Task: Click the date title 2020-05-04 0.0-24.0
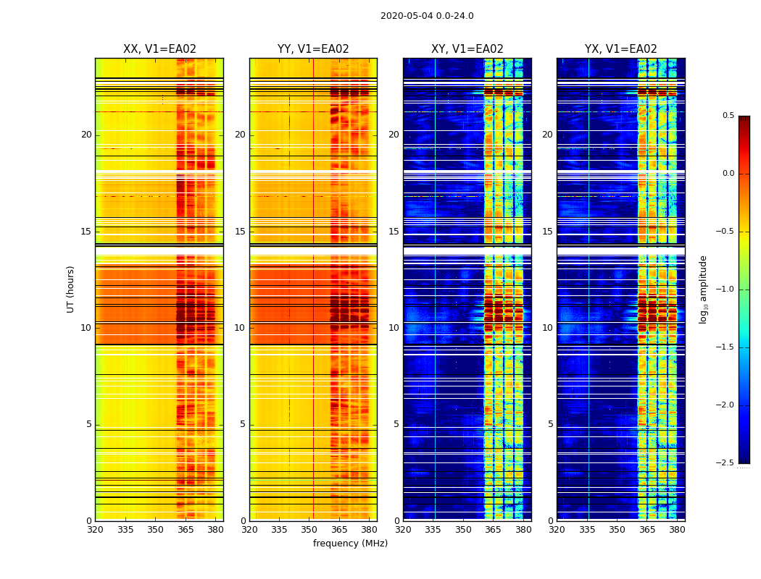[x=427, y=16]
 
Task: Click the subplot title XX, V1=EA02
[x=159, y=49]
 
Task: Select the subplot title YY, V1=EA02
[x=313, y=49]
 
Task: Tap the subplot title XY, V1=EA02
[x=467, y=49]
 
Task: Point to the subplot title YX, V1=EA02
[x=621, y=49]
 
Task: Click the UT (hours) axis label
[x=70, y=289]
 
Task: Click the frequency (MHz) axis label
[x=350, y=544]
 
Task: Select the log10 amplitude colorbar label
[x=703, y=289]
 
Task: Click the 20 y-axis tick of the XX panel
[x=86, y=135]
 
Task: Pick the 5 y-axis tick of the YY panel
[x=243, y=424]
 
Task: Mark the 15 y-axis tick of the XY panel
[x=394, y=232]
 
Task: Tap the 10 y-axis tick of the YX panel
[x=547, y=328]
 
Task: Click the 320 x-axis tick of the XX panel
[x=95, y=530]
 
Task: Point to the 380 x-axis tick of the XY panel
[x=523, y=530]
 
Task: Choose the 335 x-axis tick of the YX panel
[x=587, y=530]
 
